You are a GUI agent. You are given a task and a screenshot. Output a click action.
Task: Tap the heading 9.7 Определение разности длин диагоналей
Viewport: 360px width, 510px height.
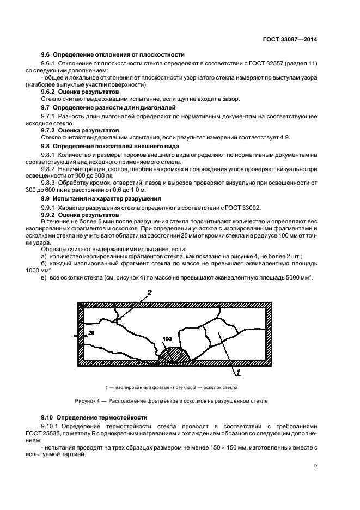tap(113, 108)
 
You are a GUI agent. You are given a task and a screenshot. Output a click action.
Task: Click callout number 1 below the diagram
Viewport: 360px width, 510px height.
tap(237, 373)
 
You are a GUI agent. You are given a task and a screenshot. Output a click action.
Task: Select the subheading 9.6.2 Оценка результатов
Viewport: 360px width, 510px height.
tap(80, 92)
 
